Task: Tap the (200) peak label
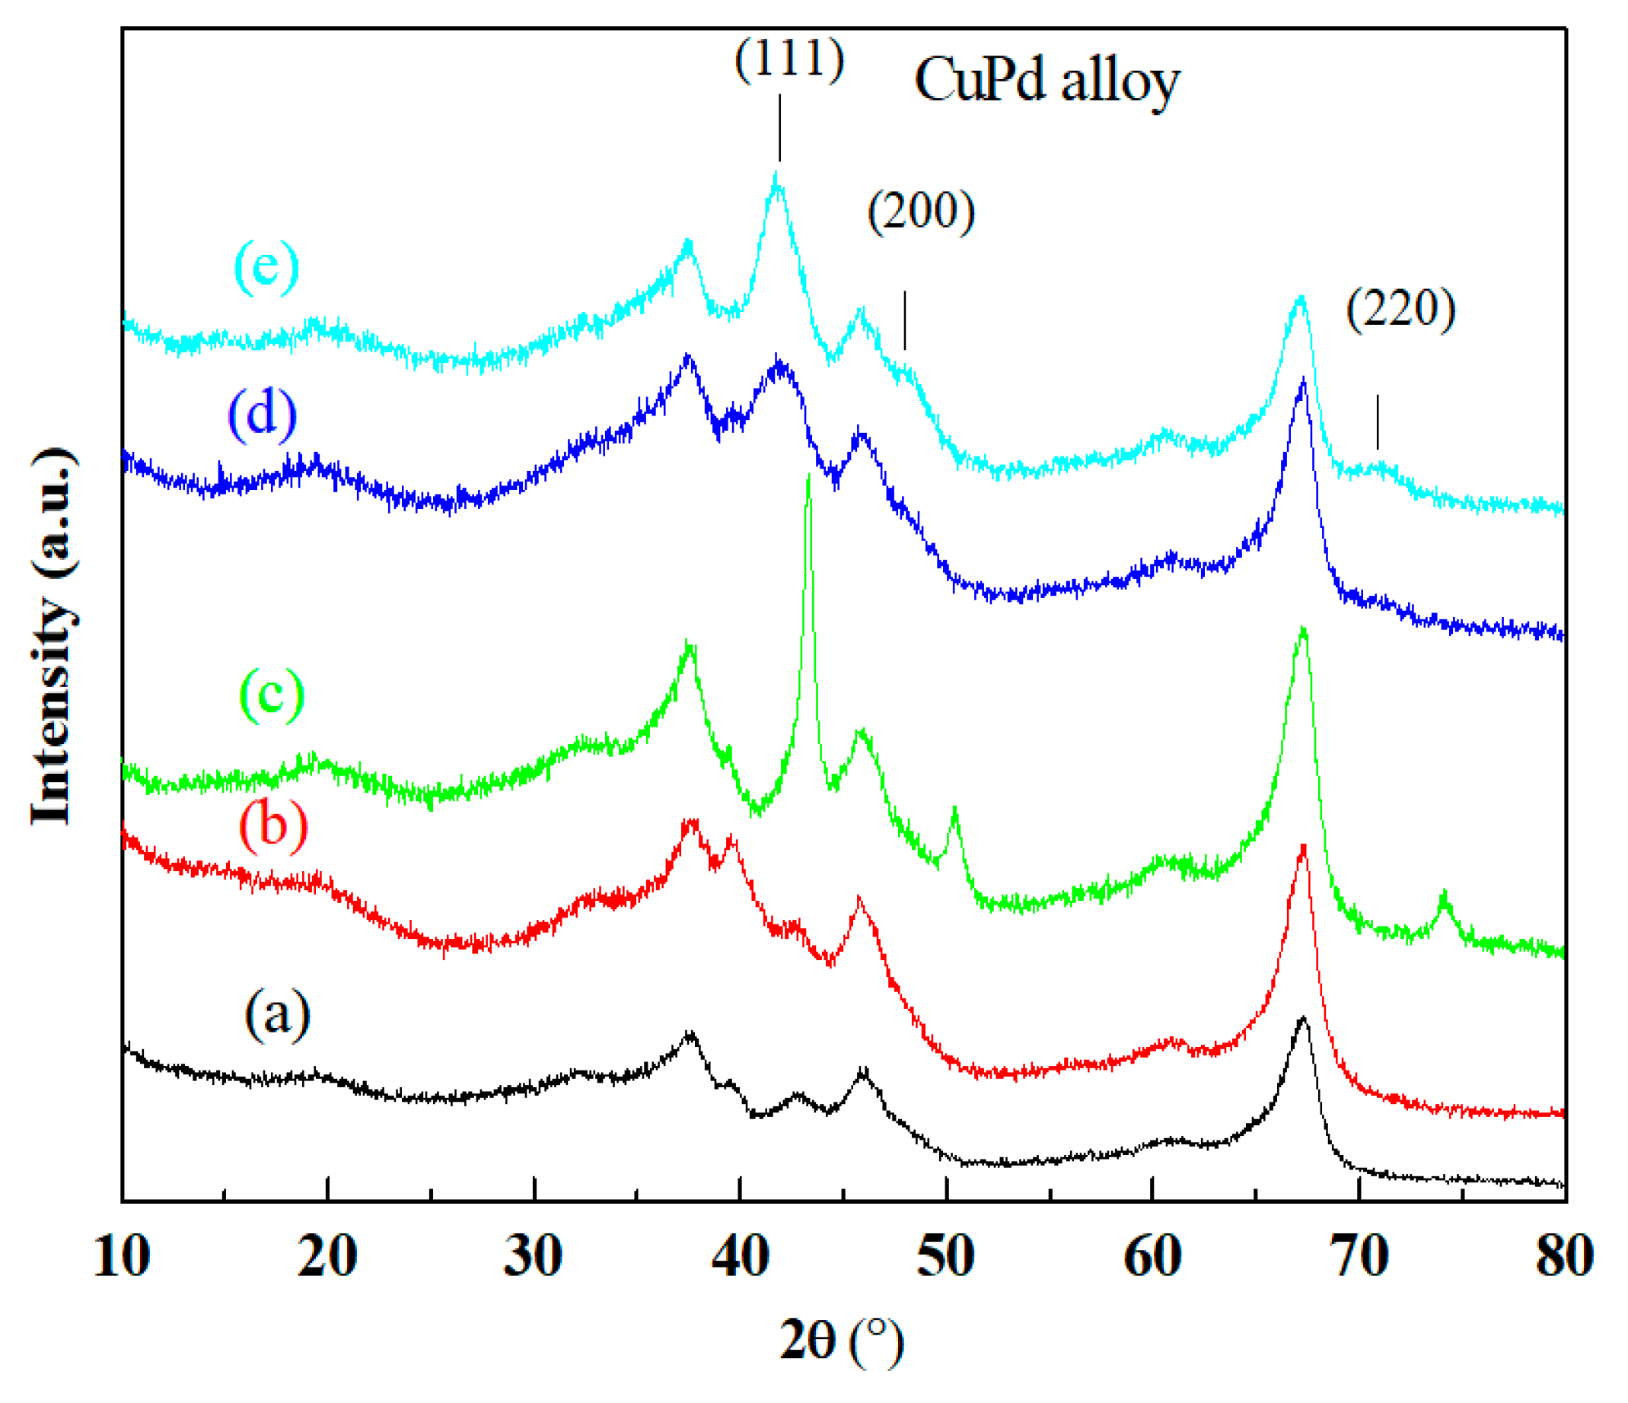pos(921,212)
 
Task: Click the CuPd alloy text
pos(1047,81)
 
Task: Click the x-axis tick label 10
pos(121,1256)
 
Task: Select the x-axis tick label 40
pos(739,1256)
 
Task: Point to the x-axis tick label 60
pos(1152,1256)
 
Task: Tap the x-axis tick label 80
pos(1564,1256)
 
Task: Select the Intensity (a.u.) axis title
pos(53,636)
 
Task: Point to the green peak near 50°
pos(954,809)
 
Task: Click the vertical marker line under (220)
pos(1378,422)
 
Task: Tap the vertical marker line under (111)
pos(779,127)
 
